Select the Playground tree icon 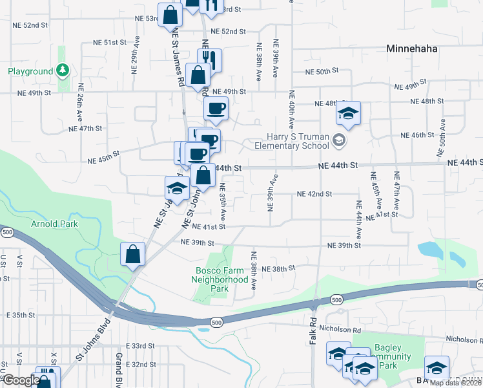(63, 70)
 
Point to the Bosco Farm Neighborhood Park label (220, 279)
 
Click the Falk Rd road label (313, 330)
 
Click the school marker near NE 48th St (348, 114)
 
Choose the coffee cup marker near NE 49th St (216, 108)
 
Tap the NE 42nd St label (314, 193)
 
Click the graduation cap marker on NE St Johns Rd (176, 189)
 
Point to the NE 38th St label (282, 268)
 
